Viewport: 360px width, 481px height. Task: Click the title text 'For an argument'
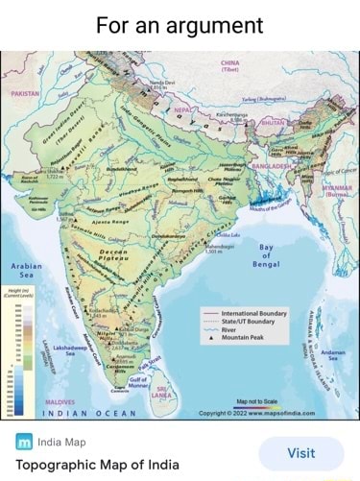click(180, 24)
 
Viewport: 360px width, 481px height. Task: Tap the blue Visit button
click(300, 453)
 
